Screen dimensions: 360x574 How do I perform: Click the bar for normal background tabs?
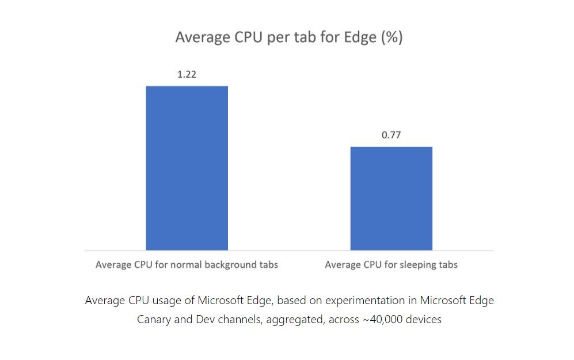[x=187, y=168]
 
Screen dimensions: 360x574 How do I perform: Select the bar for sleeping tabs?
[x=391, y=198]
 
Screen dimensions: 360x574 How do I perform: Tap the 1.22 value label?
[x=187, y=74]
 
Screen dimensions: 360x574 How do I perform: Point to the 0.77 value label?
[x=391, y=135]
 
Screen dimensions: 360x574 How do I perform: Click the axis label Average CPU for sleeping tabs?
[x=391, y=265]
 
